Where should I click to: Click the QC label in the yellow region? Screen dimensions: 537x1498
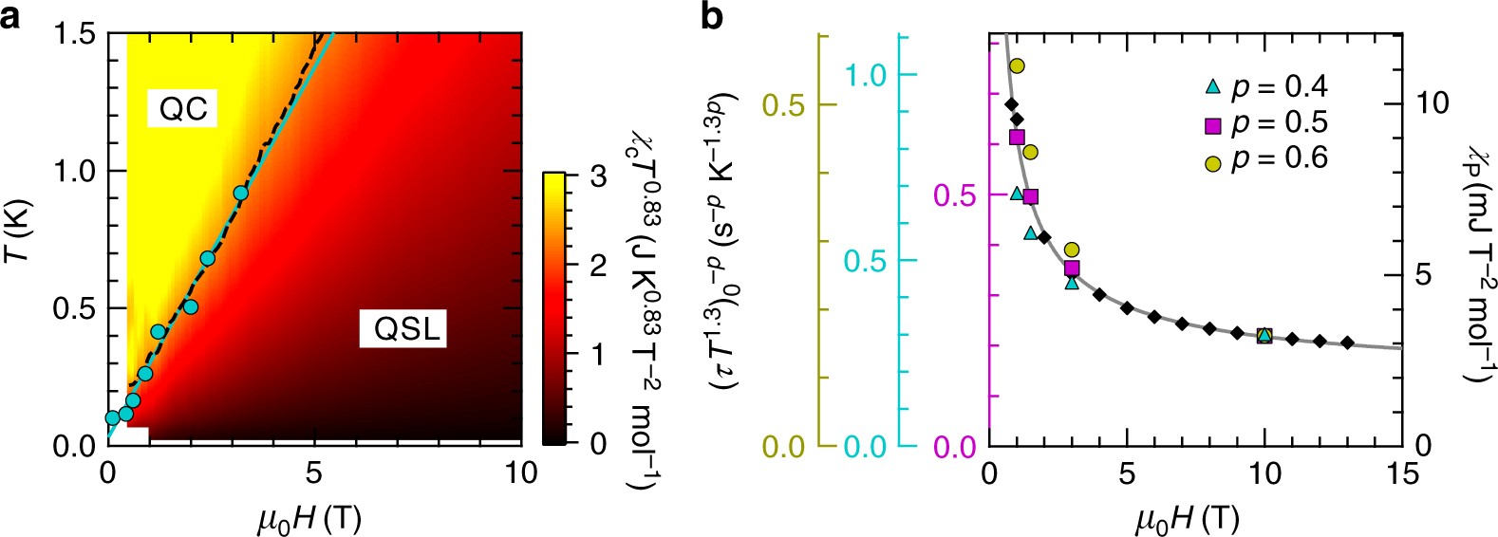tap(183, 109)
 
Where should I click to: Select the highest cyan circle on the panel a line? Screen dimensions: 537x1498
tap(241, 193)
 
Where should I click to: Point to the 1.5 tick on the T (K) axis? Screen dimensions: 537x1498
tap(75, 34)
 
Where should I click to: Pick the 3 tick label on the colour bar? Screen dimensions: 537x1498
tap(597, 176)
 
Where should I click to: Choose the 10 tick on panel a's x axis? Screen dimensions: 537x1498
tap(520, 472)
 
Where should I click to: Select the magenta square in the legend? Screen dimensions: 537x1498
tap(1212, 124)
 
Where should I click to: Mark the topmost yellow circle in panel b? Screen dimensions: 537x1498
tap(1017, 65)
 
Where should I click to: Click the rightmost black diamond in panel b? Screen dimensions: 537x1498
tap(1347, 343)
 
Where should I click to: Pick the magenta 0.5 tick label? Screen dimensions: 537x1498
tap(955, 194)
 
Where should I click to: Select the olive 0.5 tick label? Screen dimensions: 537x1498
tap(785, 103)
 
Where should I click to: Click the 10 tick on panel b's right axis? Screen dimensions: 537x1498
tap(1432, 103)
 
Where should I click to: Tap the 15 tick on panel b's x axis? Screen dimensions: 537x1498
tap(1401, 472)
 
